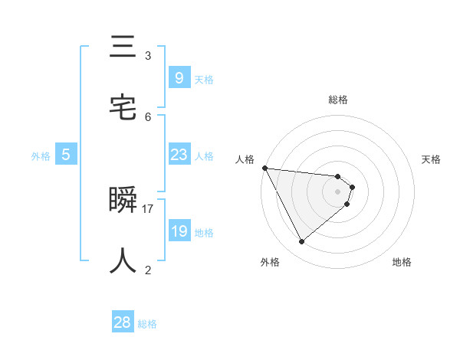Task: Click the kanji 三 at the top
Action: click(x=123, y=48)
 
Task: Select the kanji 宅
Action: click(x=123, y=107)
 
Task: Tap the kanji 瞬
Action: click(x=123, y=201)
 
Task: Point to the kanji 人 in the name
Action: click(x=123, y=260)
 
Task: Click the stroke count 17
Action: click(x=149, y=208)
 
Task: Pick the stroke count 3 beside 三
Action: click(x=148, y=56)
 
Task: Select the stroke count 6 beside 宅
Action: click(x=148, y=116)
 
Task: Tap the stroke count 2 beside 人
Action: click(x=148, y=270)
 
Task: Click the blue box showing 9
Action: click(x=179, y=77)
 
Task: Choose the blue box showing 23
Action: click(x=179, y=155)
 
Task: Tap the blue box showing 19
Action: click(x=179, y=231)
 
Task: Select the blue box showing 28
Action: click(x=123, y=322)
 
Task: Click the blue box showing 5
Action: click(x=66, y=155)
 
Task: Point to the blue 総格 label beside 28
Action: click(x=147, y=324)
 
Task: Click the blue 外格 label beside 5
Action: click(x=41, y=156)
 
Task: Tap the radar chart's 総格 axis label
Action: click(x=338, y=100)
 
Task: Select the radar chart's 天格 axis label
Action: click(x=431, y=159)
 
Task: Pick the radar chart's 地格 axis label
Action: click(x=402, y=262)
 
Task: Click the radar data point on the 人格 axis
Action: click(x=264, y=168)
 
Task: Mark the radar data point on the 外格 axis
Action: click(x=301, y=241)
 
